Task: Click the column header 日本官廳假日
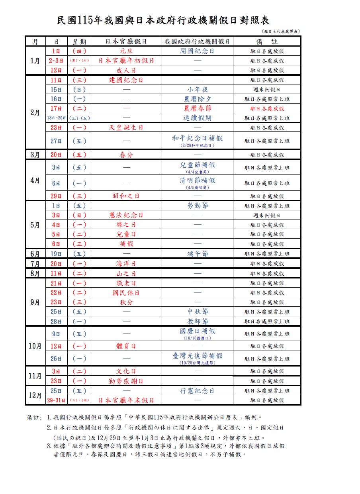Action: pyautogui.click(x=126, y=41)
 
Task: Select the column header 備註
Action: pyautogui.click(x=267, y=41)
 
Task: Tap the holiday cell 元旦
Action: pyautogui.click(x=126, y=51)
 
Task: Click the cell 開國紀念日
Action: pyautogui.click(x=198, y=51)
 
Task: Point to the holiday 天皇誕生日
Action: pyautogui.click(x=126, y=127)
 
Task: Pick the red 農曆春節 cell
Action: pyautogui.click(x=198, y=108)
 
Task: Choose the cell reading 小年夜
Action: pyautogui.click(x=198, y=89)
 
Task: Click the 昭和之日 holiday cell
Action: pyautogui.click(x=126, y=196)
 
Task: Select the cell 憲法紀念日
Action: pyautogui.click(x=126, y=215)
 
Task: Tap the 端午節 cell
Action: pyautogui.click(x=198, y=254)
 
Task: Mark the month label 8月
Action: pyautogui.click(x=35, y=273)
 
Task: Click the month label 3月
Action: pyautogui.click(x=35, y=155)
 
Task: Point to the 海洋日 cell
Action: pyautogui.click(x=126, y=263)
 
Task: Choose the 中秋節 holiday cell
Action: pyautogui.click(x=198, y=312)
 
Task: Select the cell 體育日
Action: pyautogui.click(x=126, y=346)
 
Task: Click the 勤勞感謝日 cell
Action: pyautogui.click(x=126, y=381)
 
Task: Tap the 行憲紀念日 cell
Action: pyautogui.click(x=198, y=391)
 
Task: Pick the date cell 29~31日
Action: pyautogui.click(x=56, y=400)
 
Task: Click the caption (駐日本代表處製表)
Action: pyautogui.click(x=281, y=31)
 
